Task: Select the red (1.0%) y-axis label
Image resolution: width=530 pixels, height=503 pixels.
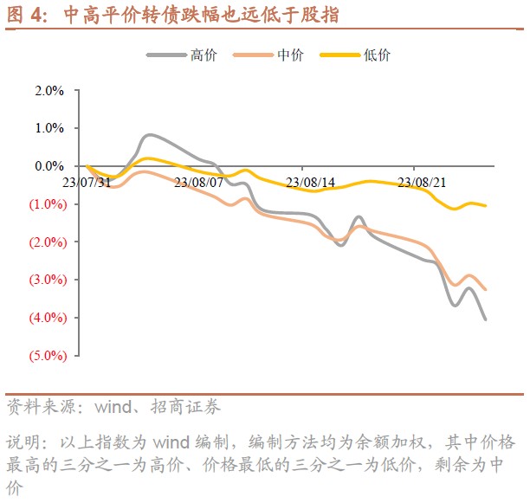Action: pyautogui.click(x=48, y=203)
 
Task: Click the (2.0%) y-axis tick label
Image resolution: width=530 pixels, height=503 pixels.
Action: pyautogui.click(x=48, y=242)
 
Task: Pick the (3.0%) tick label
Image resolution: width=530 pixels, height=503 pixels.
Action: pyautogui.click(x=48, y=280)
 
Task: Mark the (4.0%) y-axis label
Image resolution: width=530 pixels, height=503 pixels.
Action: pyautogui.click(x=48, y=317)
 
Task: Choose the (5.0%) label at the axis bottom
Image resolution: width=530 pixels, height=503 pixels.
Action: pyautogui.click(x=48, y=355)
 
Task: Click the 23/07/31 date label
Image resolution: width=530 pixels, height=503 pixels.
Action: pyautogui.click(x=87, y=182)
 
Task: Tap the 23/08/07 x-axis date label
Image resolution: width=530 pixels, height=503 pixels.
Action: pyautogui.click(x=198, y=182)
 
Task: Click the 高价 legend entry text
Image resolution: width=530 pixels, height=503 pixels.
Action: pyautogui.click(x=203, y=55)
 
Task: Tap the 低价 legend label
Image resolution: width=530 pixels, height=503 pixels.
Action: pyautogui.click(x=378, y=55)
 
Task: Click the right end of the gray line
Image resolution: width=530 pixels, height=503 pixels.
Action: pyautogui.click(x=485, y=319)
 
